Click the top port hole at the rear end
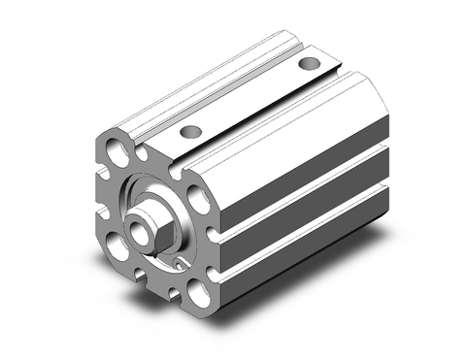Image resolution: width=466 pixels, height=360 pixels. pyautogui.click(x=309, y=65)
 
